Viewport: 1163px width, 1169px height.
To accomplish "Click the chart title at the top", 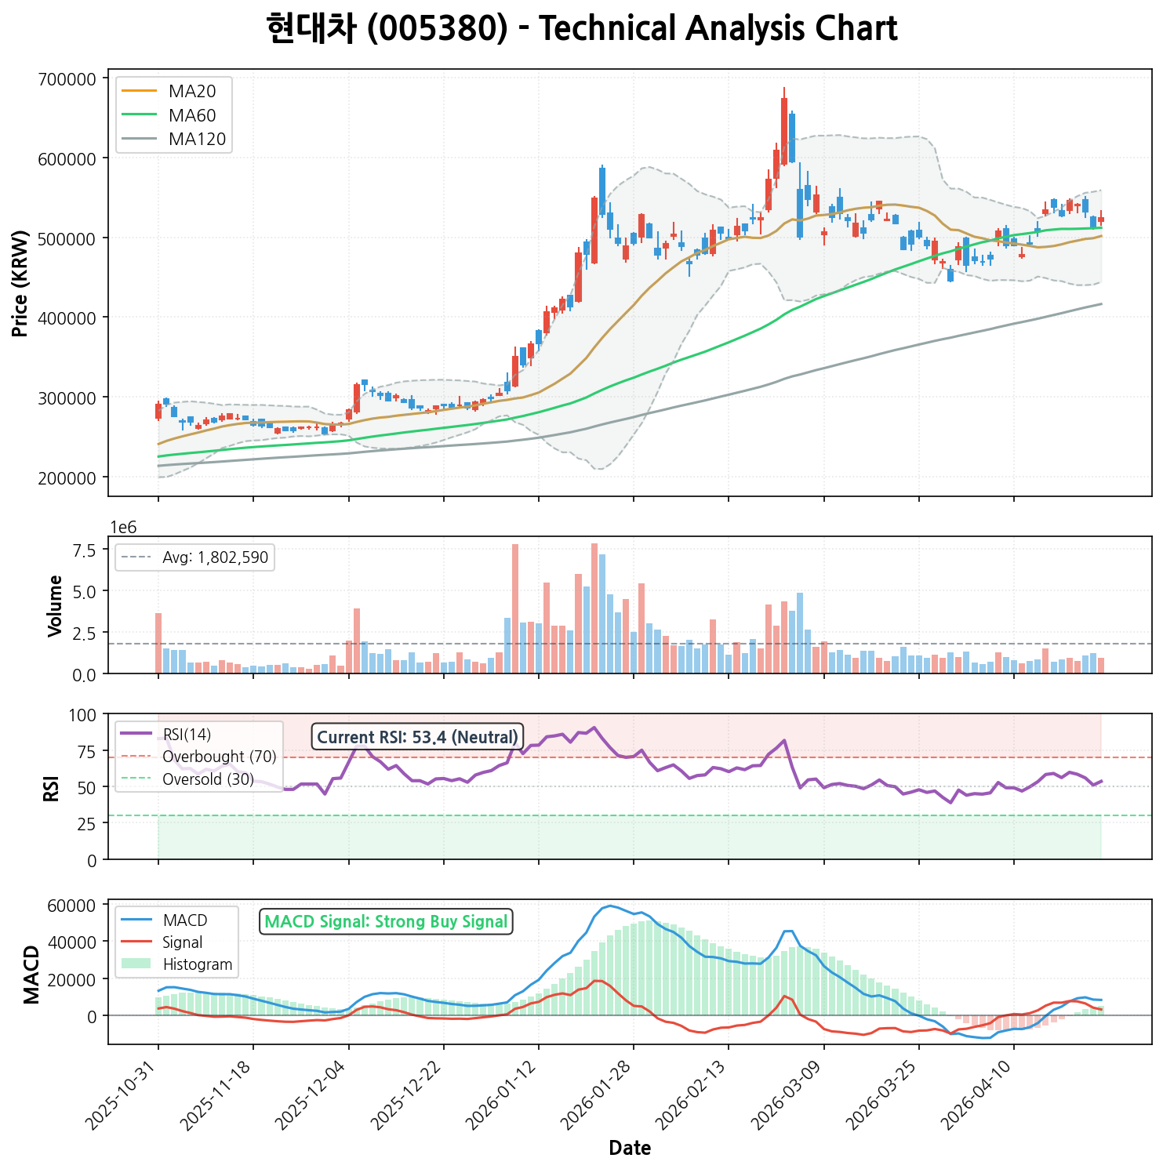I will pos(581,29).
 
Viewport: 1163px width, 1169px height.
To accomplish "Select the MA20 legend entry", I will pos(192,91).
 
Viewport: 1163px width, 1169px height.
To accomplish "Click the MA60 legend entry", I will pos(192,115).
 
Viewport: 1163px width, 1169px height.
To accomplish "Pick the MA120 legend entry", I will pos(197,140).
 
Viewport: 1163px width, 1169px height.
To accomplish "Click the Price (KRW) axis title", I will pos(21,284).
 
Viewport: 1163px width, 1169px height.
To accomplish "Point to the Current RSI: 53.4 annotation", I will pos(417,737).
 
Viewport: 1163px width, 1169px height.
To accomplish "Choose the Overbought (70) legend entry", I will pos(220,757).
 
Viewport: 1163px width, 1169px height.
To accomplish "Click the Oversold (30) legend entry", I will pos(208,779).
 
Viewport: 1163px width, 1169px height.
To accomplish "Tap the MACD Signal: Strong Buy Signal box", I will pos(386,922).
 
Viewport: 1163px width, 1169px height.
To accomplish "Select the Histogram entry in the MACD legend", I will pos(198,964).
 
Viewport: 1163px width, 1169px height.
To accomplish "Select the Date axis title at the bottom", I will pos(630,1149).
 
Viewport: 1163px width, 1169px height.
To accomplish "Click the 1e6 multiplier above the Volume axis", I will pos(123,528).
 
